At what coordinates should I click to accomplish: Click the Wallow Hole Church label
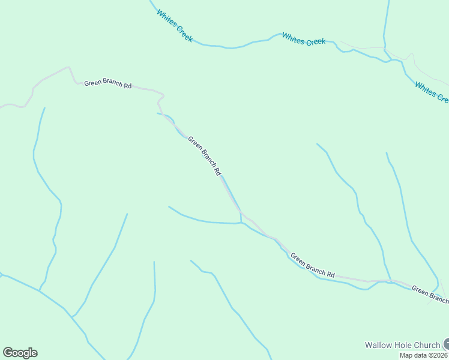402,345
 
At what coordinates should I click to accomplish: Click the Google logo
20,353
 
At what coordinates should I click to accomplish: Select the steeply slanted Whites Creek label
175,25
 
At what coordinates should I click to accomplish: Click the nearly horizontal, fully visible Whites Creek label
304,40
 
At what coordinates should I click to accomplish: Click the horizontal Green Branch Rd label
107,84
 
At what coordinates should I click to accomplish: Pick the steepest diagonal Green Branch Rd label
205,156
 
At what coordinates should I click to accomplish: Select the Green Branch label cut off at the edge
430,295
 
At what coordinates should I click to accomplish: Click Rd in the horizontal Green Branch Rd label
127,86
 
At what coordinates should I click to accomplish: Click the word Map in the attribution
406,355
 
